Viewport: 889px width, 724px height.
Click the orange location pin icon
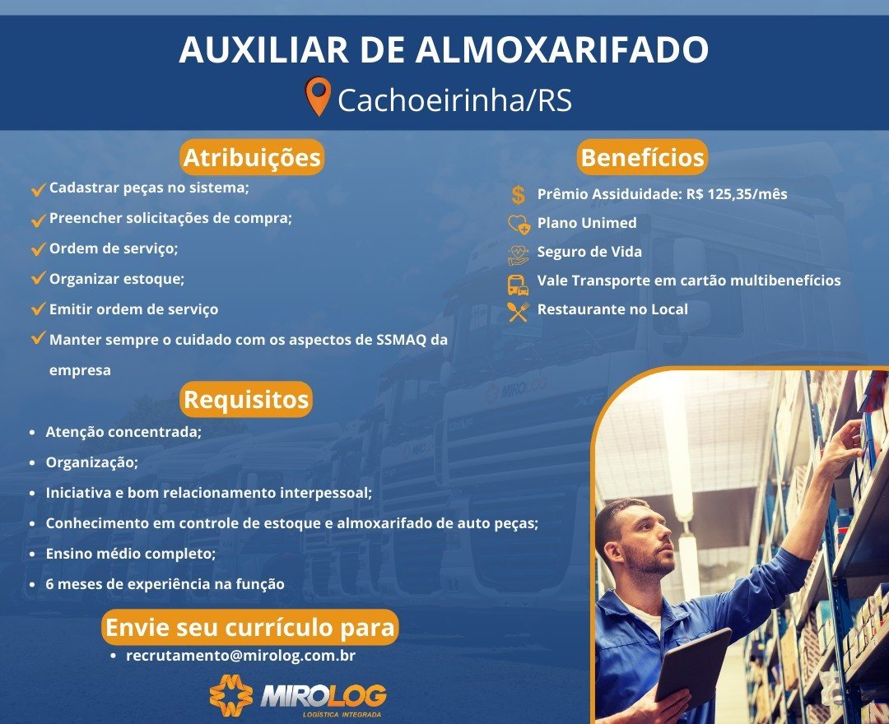pos(318,95)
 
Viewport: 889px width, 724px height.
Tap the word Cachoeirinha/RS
pos(454,100)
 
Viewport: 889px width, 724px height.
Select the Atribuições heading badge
pos(252,157)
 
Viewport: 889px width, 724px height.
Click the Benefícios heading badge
pos(642,157)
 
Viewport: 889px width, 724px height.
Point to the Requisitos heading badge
pos(246,399)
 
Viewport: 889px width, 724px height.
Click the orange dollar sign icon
pos(519,194)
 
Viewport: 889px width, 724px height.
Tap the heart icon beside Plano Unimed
pos(519,225)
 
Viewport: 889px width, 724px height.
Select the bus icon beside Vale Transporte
pos(518,285)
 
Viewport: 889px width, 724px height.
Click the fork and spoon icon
pos(519,312)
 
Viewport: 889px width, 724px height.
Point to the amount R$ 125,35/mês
pos(737,194)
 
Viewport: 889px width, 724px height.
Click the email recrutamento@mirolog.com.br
pos(240,656)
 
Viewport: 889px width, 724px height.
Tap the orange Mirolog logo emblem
pos(230,694)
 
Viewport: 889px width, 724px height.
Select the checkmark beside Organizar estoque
pos(38,278)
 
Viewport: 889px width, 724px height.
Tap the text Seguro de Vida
pos(589,252)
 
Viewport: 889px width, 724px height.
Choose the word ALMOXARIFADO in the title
pos(562,49)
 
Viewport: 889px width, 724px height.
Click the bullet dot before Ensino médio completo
pos(32,554)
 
